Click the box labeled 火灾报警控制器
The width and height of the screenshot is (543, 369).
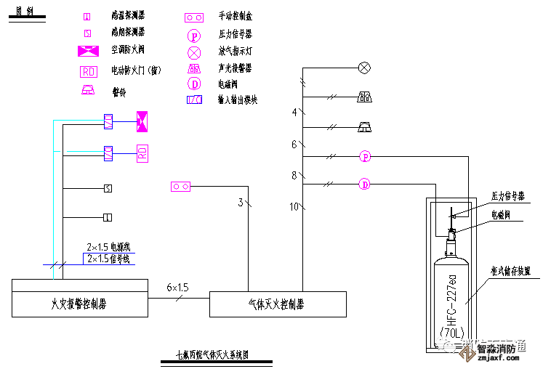79,304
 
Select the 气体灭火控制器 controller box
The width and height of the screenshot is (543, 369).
277,304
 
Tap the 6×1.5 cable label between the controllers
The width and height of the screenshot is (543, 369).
177,288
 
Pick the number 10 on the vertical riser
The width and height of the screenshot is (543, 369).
294,207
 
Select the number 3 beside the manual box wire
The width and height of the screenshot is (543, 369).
241,203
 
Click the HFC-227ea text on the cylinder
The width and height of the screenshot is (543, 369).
451,296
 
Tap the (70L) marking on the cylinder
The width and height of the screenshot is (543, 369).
451,333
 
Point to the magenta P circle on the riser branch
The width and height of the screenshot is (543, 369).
365,156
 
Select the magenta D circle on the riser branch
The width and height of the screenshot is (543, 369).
365,184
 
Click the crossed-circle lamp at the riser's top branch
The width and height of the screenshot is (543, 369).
365,68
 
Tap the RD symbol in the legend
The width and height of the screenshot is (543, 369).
89,71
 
